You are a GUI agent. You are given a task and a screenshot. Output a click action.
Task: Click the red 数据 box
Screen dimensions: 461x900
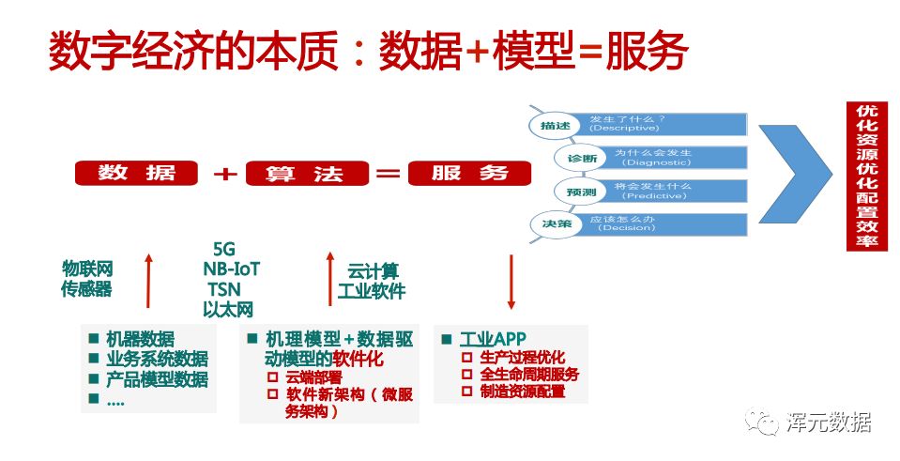click(x=137, y=173)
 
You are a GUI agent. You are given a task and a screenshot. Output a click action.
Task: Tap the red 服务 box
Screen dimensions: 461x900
click(x=469, y=173)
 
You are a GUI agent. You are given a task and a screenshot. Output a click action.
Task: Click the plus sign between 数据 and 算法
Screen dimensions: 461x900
click(x=223, y=174)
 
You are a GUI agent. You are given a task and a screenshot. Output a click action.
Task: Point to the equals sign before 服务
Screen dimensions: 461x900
click(x=388, y=174)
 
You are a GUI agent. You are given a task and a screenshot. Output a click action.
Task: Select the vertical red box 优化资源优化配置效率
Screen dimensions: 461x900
click(x=868, y=176)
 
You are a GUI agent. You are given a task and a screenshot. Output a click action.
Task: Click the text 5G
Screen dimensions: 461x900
click(x=224, y=250)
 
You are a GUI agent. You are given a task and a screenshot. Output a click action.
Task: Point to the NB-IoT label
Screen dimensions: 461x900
click(x=231, y=269)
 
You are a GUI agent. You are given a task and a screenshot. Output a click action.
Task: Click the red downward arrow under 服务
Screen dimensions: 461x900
click(x=511, y=280)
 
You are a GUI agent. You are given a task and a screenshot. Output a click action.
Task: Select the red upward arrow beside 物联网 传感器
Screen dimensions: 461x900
click(x=148, y=280)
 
